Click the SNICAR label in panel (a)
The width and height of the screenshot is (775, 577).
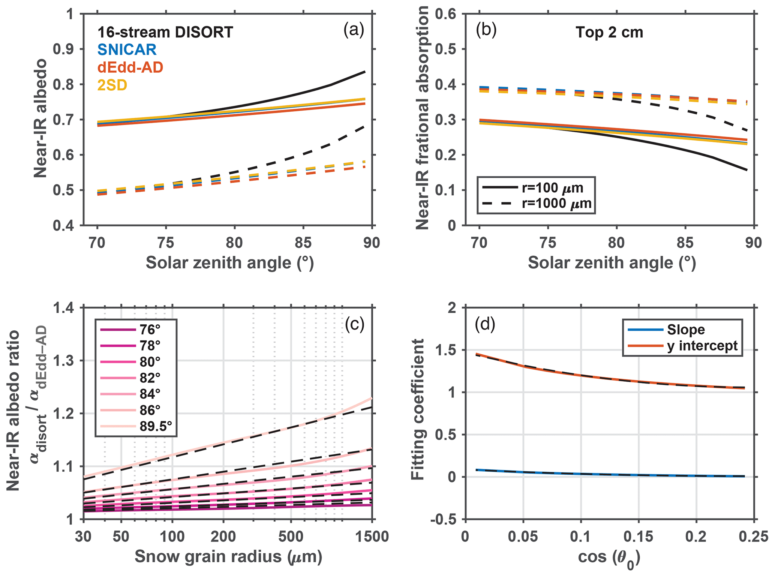tap(127, 50)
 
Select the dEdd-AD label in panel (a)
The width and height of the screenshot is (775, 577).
tap(130, 67)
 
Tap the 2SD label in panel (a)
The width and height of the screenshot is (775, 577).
tap(112, 85)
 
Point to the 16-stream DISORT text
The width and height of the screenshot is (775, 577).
tap(165, 32)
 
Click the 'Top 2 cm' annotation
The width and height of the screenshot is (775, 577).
tap(609, 33)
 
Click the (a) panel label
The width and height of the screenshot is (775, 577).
tap(354, 30)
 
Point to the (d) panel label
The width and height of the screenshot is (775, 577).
tap(485, 324)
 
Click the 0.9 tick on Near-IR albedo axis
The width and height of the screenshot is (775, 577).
tap(63, 49)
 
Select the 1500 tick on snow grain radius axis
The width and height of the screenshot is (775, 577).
tap(372, 537)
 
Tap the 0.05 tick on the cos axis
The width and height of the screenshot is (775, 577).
tap(523, 537)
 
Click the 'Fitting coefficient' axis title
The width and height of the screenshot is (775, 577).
tap(417, 409)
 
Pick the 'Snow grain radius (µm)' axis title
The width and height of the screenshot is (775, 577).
tap(228, 556)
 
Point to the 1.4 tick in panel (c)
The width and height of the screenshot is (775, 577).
tap(63, 308)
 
